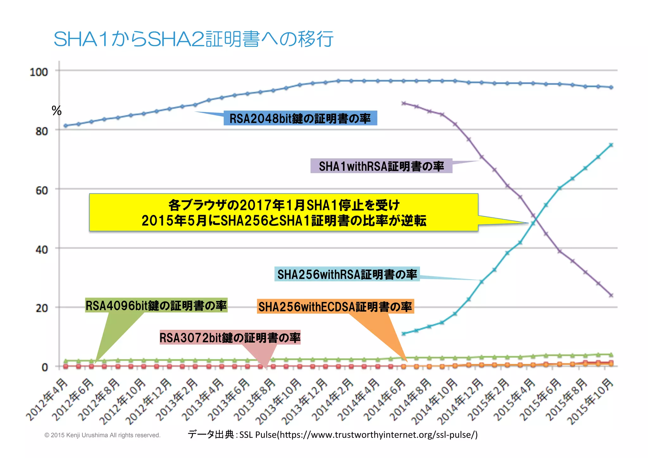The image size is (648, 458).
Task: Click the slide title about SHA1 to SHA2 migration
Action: tap(193, 39)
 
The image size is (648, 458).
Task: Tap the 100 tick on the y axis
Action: tap(39, 72)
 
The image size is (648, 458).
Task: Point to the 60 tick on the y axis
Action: tap(41, 191)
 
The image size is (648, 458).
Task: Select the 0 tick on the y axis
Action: tap(45, 367)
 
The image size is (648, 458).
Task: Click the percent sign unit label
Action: tap(56, 111)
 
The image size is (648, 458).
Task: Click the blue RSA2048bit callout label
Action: tap(300, 118)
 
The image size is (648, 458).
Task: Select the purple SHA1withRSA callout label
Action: tap(381, 166)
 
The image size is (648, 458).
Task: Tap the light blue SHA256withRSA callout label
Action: tap(347, 274)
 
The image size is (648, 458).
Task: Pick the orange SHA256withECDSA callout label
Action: tap(335, 307)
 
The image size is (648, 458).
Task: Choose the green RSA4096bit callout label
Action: tap(156, 305)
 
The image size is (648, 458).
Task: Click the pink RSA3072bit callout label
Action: tap(230, 338)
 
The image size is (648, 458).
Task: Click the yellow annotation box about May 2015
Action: tap(283, 212)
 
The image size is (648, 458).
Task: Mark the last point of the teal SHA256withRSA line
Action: tap(611, 145)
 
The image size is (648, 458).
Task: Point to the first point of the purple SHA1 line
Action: tap(403, 103)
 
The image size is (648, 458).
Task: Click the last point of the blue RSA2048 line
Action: tap(611, 87)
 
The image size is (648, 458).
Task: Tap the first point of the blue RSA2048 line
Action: tap(65, 126)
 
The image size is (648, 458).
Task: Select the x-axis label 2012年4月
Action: tap(47, 400)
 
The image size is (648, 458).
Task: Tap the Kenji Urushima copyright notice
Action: tap(103, 435)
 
